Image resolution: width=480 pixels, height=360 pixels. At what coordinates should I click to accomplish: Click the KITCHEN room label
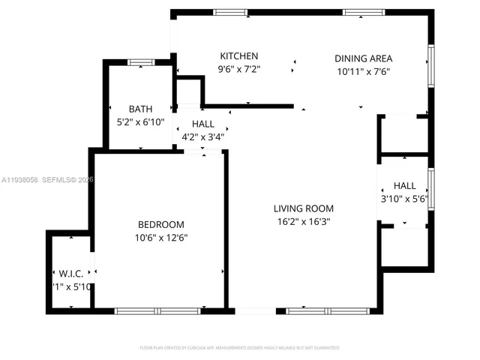[x=238, y=56]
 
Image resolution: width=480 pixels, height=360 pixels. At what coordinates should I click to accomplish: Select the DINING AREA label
[x=363, y=58]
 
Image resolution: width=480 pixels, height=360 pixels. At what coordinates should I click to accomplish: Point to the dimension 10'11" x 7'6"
[x=363, y=72]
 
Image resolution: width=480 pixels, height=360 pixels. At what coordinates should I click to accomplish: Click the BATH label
[x=140, y=109]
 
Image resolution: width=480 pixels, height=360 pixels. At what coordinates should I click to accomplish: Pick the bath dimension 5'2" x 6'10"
[x=140, y=121]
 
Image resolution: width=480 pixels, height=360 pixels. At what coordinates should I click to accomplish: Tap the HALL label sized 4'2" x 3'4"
[x=202, y=124]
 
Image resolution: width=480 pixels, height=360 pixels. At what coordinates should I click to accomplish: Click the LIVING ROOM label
[x=303, y=208]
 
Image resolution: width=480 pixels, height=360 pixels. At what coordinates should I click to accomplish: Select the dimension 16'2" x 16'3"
[x=303, y=222]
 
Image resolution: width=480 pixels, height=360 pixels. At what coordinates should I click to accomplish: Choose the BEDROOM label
[x=160, y=224]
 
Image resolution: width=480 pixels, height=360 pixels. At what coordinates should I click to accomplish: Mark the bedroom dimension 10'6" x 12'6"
[x=160, y=238]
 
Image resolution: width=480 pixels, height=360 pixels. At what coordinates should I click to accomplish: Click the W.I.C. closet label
[x=70, y=274]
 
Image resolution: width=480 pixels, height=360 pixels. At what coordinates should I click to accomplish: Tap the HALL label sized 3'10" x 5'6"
[x=404, y=186]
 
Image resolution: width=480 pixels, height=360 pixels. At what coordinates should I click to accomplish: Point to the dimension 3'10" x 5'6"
[x=404, y=199]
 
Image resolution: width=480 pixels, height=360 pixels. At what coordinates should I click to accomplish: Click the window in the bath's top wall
[x=140, y=62]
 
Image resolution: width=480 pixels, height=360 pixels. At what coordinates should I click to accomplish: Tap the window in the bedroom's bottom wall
[x=157, y=310]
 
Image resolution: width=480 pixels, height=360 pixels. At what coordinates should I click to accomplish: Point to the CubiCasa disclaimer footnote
[x=240, y=348]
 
